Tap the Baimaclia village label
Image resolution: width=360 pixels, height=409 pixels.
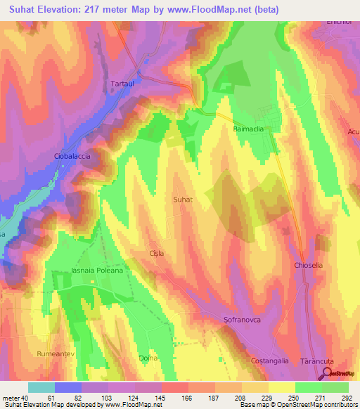pyautogui.click(x=248, y=130)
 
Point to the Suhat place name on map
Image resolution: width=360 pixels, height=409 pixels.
pyautogui.click(x=182, y=200)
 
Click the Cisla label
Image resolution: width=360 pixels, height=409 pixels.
pyautogui.click(x=157, y=252)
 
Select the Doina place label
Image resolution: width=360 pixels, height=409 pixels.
pyautogui.click(x=147, y=358)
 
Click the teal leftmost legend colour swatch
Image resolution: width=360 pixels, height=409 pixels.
pyautogui.click(x=41, y=387)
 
